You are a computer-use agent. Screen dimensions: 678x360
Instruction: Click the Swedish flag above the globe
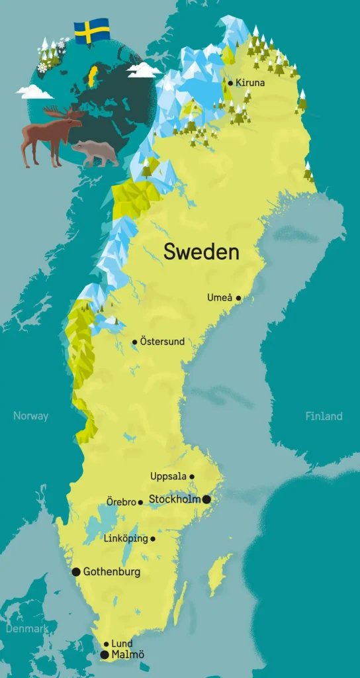click(x=91, y=31)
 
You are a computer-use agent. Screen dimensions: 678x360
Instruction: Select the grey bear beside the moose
click(x=96, y=153)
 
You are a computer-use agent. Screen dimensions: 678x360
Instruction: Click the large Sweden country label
click(x=201, y=252)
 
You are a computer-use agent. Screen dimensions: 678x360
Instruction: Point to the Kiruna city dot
click(x=230, y=83)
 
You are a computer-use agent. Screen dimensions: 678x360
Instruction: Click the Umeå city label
click(x=220, y=298)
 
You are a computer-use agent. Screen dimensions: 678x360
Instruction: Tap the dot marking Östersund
click(x=135, y=342)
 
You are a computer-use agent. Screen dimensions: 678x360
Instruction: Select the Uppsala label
click(x=169, y=476)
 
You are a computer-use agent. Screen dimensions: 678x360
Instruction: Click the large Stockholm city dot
click(x=206, y=499)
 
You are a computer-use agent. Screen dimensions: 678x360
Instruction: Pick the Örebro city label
click(x=121, y=502)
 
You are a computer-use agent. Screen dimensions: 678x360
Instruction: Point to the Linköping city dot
click(x=153, y=539)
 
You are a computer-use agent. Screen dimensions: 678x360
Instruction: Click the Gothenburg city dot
click(x=76, y=571)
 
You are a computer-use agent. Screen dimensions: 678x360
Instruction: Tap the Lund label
click(x=122, y=644)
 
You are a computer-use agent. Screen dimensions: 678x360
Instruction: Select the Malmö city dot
click(x=105, y=655)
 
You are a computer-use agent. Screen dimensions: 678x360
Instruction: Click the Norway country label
click(x=30, y=416)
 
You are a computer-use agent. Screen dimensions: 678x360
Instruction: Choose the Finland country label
click(x=324, y=416)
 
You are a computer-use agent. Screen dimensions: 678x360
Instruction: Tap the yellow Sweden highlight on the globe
click(x=93, y=75)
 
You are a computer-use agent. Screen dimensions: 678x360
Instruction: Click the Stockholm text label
click(x=175, y=499)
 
